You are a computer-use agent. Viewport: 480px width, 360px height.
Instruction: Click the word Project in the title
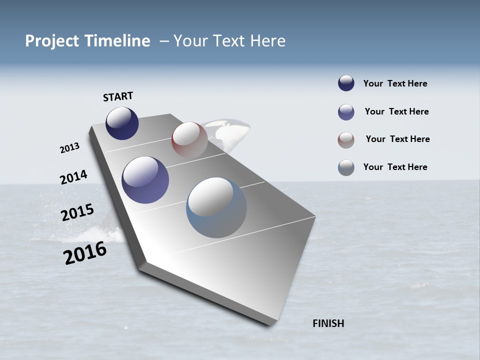tap(52, 41)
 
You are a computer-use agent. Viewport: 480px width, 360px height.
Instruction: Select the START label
tap(118, 96)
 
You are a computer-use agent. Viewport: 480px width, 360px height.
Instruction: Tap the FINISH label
tap(328, 323)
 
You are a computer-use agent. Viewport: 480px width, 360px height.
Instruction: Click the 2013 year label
tap(69, 148)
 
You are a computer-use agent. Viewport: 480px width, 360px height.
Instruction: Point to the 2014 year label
tap(73, 177)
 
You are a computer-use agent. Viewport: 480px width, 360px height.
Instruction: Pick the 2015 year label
tap(77, 212)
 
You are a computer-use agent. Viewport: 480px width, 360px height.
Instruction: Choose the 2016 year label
tap(85, 253)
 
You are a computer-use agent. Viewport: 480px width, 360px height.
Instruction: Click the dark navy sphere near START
tap(122, 123)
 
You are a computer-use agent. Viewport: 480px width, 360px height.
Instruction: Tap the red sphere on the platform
tap(189, 139)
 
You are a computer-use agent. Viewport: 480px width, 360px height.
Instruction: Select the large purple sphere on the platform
tap(145, 180)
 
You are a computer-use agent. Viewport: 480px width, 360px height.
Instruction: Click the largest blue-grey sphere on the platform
tap(216, 207)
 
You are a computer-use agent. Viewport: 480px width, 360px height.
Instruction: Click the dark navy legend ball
tap(346, 83)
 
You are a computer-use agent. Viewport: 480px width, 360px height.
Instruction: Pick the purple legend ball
tap(346, 112)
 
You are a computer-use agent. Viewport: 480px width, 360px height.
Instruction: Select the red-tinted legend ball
tap(346, 140)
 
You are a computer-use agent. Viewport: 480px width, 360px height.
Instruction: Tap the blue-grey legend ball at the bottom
tap(346, 167)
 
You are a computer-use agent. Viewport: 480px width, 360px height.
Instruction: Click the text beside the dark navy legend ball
tap(395, 83)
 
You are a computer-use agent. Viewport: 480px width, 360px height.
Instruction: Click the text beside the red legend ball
tap(397, 139)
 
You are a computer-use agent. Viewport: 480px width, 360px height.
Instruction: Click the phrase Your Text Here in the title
tap(229, 41)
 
